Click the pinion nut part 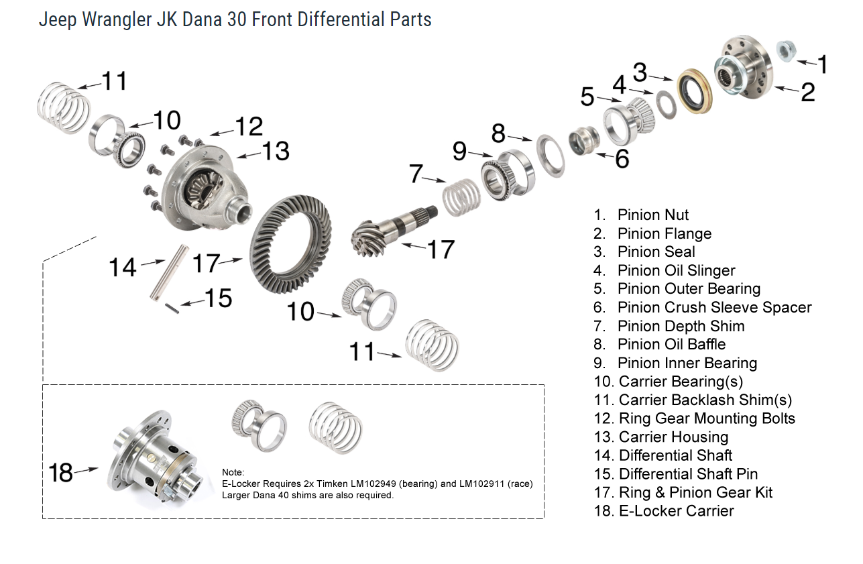click(x=785, y=51)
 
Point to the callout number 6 click(x=621, y=159)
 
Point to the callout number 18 click(x=61, y=472)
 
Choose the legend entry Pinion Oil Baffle click(x=671, y=344)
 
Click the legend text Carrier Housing click(x=673, y=437)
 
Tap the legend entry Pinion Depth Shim click(x=681, y=326)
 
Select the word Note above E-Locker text click(x=234, y=472)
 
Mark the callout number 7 click(x=416, y=174)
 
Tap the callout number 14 click(x=123, y=267)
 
